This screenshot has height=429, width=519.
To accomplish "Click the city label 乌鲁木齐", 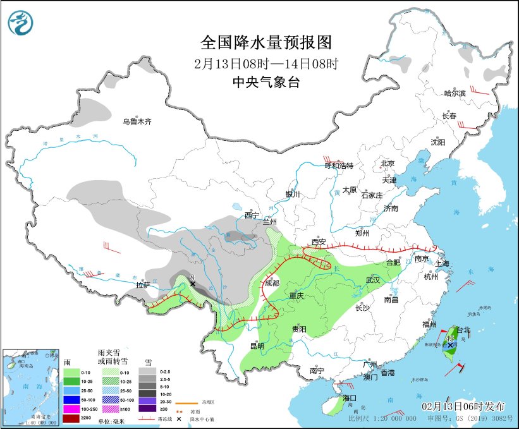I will point(137,121).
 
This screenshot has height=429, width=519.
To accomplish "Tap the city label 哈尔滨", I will point(454,93).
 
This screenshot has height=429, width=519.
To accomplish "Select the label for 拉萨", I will point(144,285).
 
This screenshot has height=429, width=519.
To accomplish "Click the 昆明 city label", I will point(257,346).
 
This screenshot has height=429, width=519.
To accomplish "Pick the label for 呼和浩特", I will point(338,166).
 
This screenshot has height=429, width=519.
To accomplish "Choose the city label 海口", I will point(351,397).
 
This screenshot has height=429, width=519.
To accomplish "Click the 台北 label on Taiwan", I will point(463,330).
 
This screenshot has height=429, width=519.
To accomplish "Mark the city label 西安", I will point(319,242).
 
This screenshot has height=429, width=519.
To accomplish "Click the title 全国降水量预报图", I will point(266,42).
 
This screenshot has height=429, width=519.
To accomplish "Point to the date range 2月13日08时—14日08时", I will point(266,63).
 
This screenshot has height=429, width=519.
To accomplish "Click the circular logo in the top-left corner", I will point(20,23).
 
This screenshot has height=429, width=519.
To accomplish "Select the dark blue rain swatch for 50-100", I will point(71,400).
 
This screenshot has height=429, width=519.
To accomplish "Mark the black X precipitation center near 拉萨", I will point(193,284).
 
